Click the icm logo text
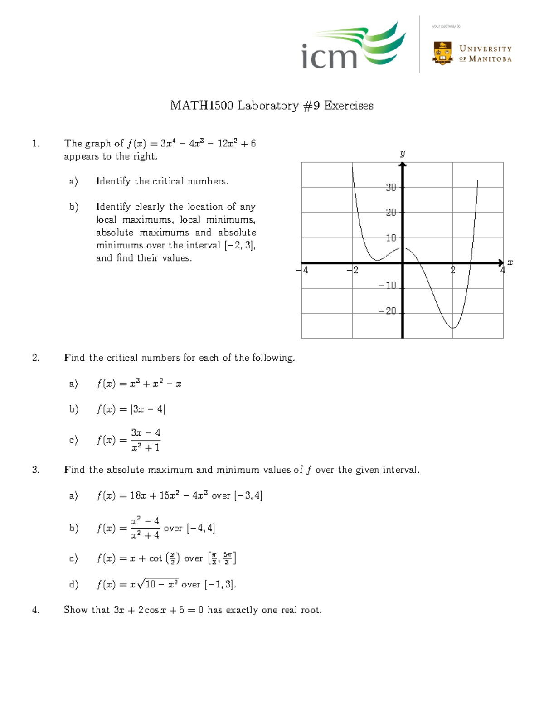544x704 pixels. coord(330,56)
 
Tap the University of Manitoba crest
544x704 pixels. coord(442,53)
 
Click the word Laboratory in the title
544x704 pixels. coord(268,106)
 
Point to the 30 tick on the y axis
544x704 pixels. coord(391,187)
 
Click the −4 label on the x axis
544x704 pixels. coord(302,270)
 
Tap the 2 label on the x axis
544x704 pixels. coord(453,270)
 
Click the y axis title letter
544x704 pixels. coord(403,154)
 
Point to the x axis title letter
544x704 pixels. coord(510,262)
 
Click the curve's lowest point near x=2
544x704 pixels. coord(452,328)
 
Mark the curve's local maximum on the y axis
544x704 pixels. coord(403,248)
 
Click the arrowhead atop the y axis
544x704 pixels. coord(403,165)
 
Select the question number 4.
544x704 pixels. coord(35,610)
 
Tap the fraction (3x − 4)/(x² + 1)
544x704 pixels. coord(146,440)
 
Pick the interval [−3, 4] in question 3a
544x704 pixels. coord(248,495)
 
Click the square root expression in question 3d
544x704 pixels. coord(158,584)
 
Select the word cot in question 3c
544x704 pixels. coord(155,558)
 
